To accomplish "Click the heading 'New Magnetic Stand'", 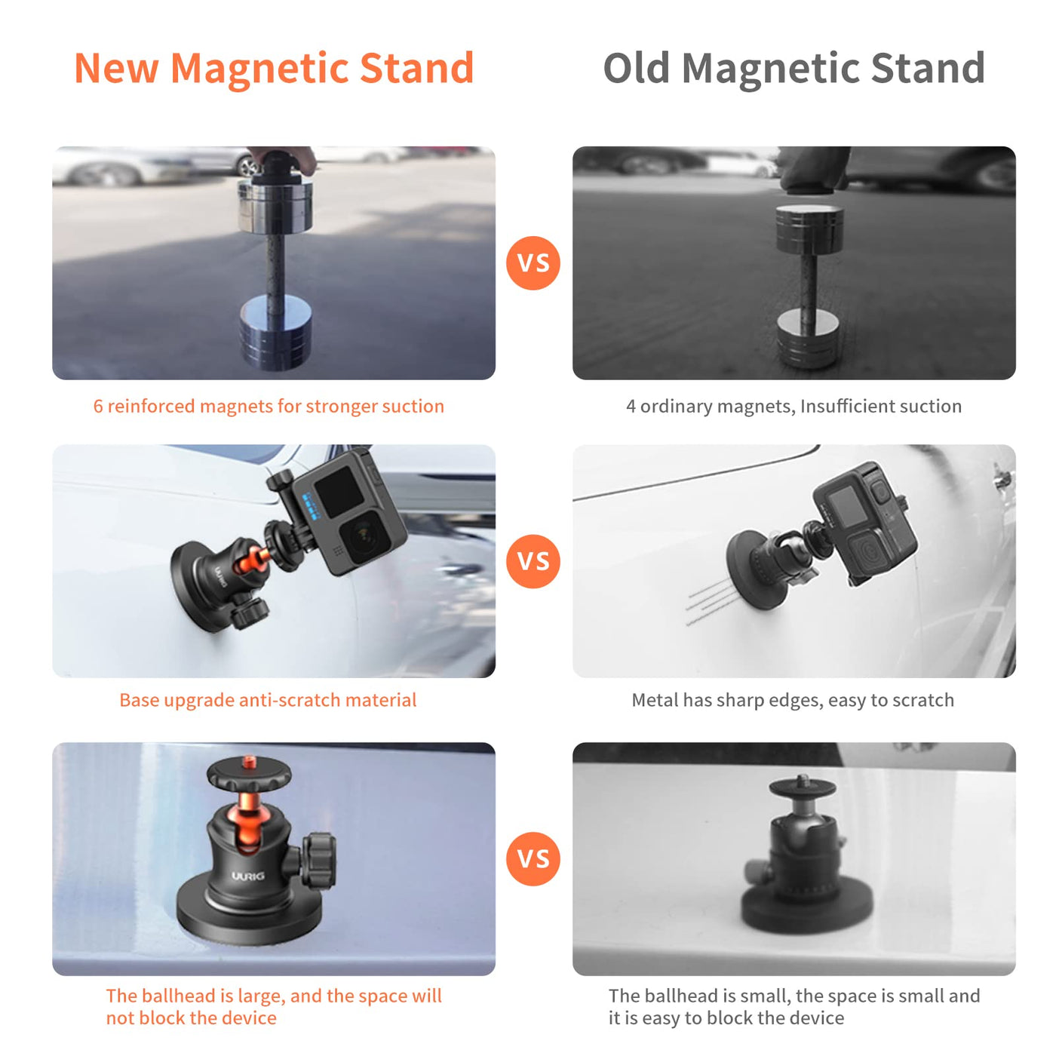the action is pos(274,69).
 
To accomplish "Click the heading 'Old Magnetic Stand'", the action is pos(794,69).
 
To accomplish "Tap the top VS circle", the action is pos(533,263).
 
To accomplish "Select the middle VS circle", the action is pos(533,561).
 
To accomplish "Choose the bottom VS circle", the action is pos(533,858).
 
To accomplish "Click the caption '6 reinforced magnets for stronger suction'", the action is pos(269,406).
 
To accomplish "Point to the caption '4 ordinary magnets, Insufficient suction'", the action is pos(794,406).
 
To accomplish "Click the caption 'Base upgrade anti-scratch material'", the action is pos(268,700).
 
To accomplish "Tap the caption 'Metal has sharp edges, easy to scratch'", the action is pos(793,700).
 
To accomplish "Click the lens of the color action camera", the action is pos(362,537).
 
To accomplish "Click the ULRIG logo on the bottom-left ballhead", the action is pos(247,876).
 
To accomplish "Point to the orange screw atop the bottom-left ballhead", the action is pos(250,761).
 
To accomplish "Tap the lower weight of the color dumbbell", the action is pos(275,332).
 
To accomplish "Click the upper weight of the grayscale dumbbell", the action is pos(809,229).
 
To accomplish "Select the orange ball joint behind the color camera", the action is pos(250,560).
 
